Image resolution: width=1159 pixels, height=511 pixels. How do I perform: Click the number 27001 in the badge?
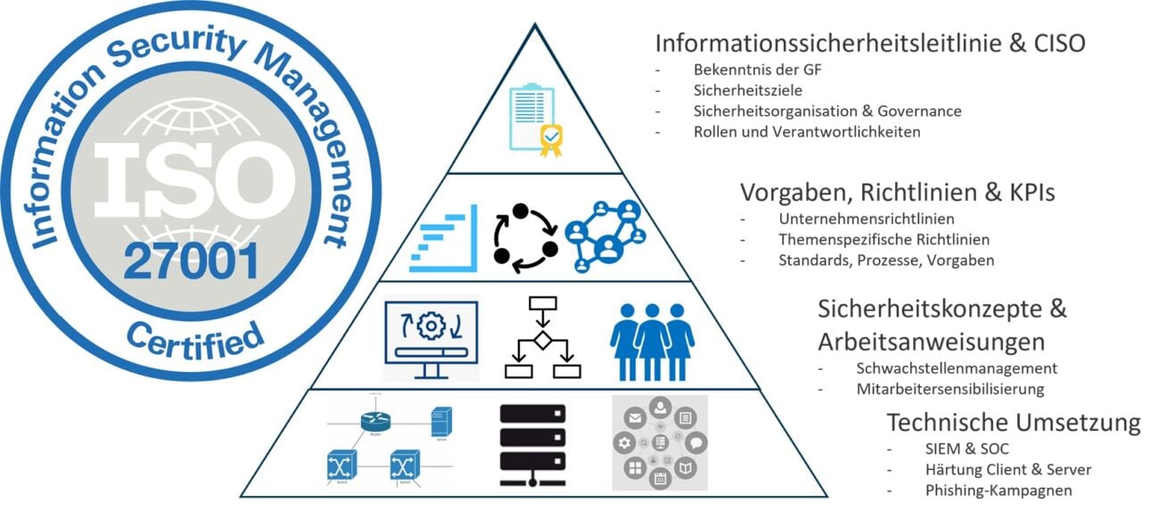pos(191,261)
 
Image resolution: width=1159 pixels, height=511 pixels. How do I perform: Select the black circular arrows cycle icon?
pos(525,236)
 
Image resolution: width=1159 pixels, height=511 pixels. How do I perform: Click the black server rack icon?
pos(532,442)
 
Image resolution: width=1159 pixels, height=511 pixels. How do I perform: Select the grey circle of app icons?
pos(660,442)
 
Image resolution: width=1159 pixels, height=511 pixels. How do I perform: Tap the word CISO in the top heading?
pos(1056,43)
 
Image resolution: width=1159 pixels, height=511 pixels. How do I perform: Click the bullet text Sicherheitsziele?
pos(747,90)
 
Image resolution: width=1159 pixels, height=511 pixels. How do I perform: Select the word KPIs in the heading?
pos(1045,193)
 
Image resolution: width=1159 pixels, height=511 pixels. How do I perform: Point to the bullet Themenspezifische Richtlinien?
pos(871,239)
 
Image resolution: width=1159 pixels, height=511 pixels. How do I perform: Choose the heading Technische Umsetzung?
pos(1013,422)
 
